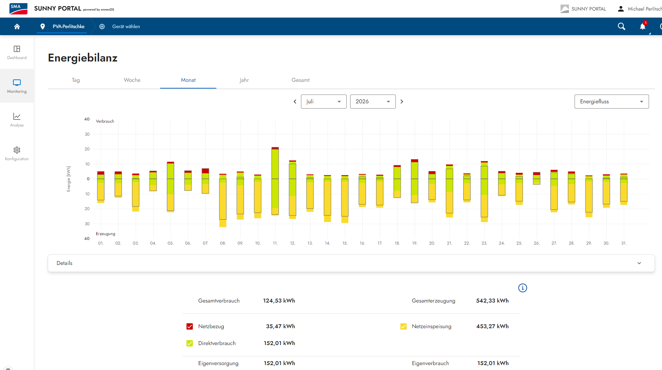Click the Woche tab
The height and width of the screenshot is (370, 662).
point(132,80)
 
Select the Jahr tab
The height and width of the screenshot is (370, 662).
point(244,80)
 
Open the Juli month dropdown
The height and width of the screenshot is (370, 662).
point(323,102)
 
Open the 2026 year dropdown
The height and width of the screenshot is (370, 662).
point(373,102)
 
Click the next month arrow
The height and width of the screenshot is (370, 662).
point(402,102)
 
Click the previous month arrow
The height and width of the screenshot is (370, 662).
point(295,102)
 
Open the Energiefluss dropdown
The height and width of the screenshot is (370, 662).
point(611,102)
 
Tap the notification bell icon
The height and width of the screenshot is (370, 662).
point(643,26)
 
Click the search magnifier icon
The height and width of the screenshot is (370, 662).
point(621,26)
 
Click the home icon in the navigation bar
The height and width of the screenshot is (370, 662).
point(17,26)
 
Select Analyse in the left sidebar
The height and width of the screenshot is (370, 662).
point(17,119)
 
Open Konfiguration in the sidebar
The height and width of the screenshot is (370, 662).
point(17,154)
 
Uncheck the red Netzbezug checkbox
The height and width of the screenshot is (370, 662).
point(190,326)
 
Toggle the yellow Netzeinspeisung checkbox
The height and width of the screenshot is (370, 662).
point(404,326)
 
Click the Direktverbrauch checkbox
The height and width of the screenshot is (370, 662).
point(190,343)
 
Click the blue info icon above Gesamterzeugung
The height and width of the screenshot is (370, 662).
point(523,288)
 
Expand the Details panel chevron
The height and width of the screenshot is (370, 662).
point(639,263)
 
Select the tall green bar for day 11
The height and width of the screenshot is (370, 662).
point(275,179)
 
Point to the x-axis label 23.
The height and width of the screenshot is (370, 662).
point(484,243)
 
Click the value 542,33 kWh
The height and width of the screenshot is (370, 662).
point(492,301)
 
